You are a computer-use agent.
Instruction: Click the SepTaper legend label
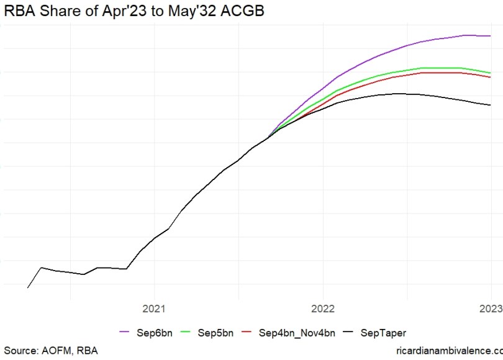(383, 333)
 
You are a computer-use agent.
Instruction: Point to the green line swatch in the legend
(187, 333)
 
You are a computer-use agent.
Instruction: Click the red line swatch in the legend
(250, 333)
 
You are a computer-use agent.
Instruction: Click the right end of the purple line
(490, 36)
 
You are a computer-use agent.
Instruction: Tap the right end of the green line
(490, 73)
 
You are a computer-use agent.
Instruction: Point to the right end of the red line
(490, 77)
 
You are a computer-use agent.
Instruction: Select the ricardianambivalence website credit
(448, 352)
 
